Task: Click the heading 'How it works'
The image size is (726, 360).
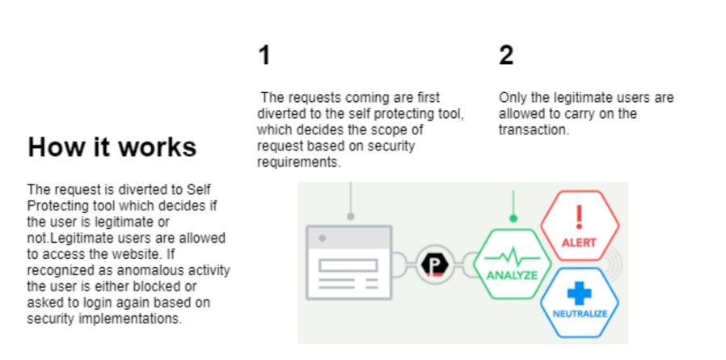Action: (x=112, y=147)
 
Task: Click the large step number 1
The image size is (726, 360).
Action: (x=264, y=56)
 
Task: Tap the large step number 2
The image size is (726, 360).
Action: (x=506, y=56)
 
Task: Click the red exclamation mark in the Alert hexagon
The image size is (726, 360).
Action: (x=579, y=218)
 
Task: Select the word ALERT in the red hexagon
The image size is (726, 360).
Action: (x=579, y=242)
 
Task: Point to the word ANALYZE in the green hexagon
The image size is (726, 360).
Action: (x=512, y=275)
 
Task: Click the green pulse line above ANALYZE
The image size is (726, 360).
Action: (x=512, y=258)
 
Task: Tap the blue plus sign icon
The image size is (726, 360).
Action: (x=580, y=292)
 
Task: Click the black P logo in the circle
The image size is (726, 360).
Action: (x=437, y=265)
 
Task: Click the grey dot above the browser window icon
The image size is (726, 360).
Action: (x=350, y=216)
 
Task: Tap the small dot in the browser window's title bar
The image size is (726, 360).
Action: (x=323, y=238)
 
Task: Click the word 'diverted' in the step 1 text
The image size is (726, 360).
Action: (x=278, y=114)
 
